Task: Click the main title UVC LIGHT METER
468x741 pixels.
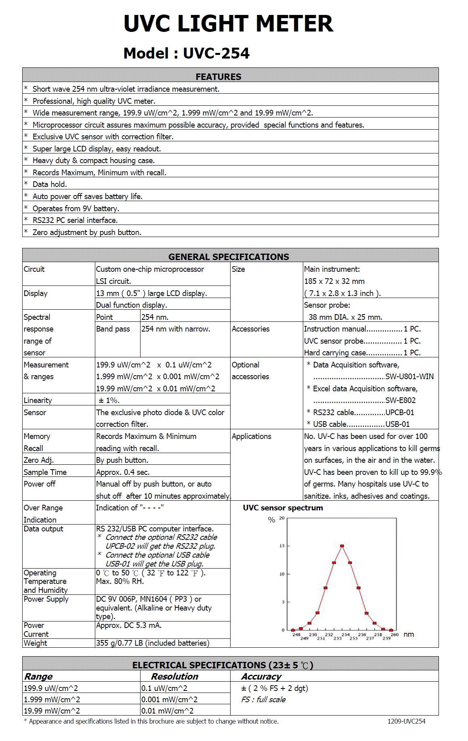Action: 228,23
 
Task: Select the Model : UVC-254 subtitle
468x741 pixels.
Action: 186,53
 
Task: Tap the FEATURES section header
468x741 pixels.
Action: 218,77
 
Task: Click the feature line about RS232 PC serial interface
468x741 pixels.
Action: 75,220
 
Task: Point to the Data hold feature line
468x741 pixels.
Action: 50,185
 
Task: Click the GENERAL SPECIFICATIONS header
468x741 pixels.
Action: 229,257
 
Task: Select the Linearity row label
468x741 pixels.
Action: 38,401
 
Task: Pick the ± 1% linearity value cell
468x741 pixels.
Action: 108,401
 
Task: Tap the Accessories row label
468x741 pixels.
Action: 250,329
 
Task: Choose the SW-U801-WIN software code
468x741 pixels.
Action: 409,377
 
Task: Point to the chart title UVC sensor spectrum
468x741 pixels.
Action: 283,508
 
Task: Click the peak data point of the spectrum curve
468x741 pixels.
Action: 342,546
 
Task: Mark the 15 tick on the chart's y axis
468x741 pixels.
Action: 282,546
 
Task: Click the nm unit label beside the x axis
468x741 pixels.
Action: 409,634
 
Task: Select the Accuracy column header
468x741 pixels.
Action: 261,677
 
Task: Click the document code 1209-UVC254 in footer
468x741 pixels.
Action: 406,721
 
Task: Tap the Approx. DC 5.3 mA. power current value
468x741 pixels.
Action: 128,626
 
